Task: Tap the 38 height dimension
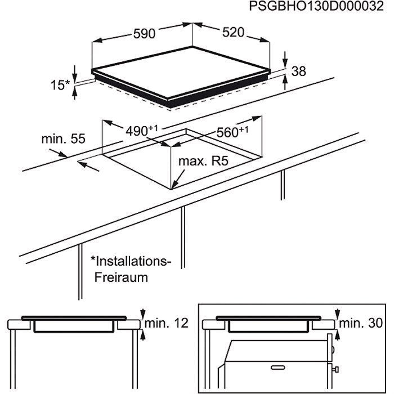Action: [x=299, y=71]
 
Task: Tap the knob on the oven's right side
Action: [x=336, y=370]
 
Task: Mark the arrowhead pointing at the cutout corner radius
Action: [x=176, y=183]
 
